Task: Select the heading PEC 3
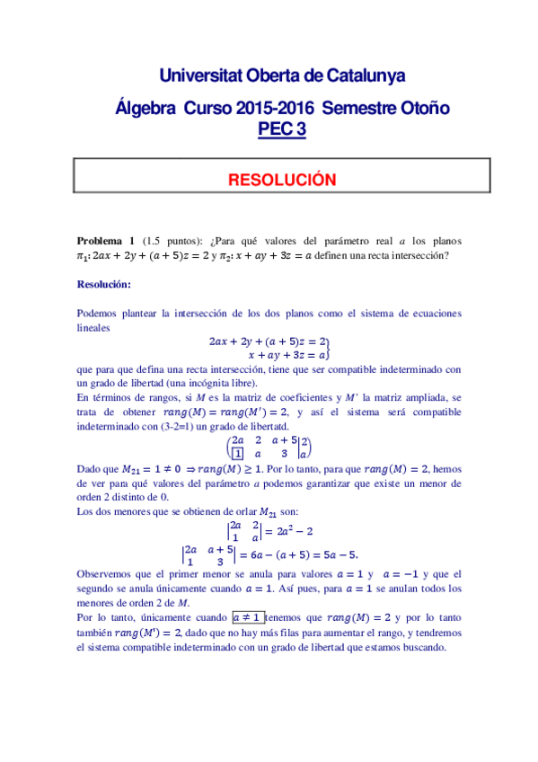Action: click(x=282, y=128)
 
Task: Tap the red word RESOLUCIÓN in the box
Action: click(x=282, y=180)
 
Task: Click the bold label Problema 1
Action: click(x=106, y=241)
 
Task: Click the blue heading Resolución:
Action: click(x=104, y=285)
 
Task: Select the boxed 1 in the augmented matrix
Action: click(x=237, y=454)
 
